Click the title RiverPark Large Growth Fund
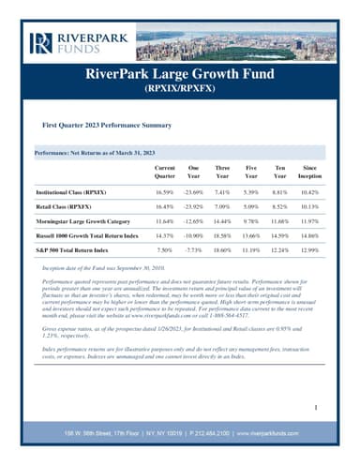pyautogui.click(x=180, y=73)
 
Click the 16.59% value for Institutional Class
pyautogui.click(x=165, y=190)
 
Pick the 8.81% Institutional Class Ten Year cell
pyautogui.click(x=279, y=190)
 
